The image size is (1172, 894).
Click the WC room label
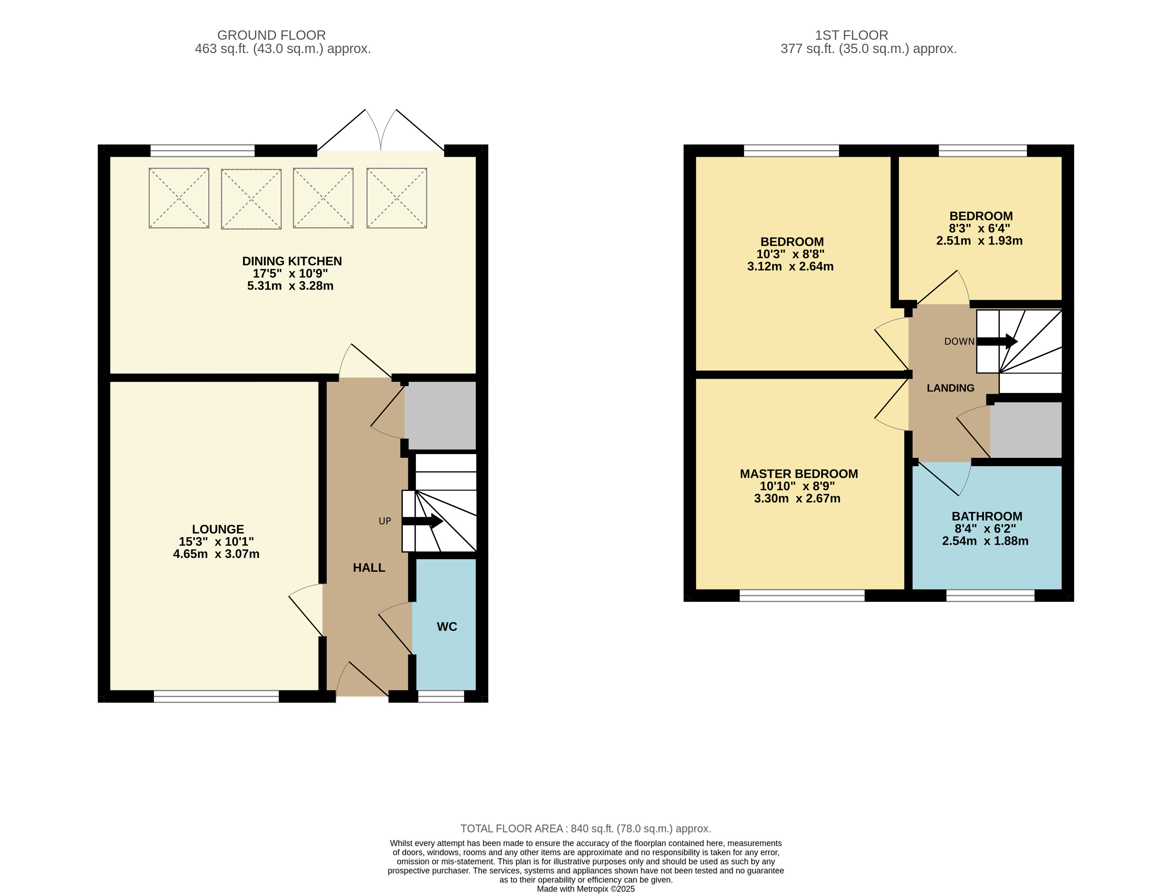point(447,626)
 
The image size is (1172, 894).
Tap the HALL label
point(369,567)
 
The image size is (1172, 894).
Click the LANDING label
point(950,388)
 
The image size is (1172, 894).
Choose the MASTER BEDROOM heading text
point(799,474)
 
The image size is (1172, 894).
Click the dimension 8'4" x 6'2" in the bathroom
point(985,528)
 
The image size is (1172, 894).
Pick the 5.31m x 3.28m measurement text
point(290,286)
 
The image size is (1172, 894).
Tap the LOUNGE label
point(218,529)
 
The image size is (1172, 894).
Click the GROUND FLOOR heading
point(272,35)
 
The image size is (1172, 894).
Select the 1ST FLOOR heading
point(852,35)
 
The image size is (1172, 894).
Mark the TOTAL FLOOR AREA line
point(586,829)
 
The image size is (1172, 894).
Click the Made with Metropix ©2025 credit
point(586,889)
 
